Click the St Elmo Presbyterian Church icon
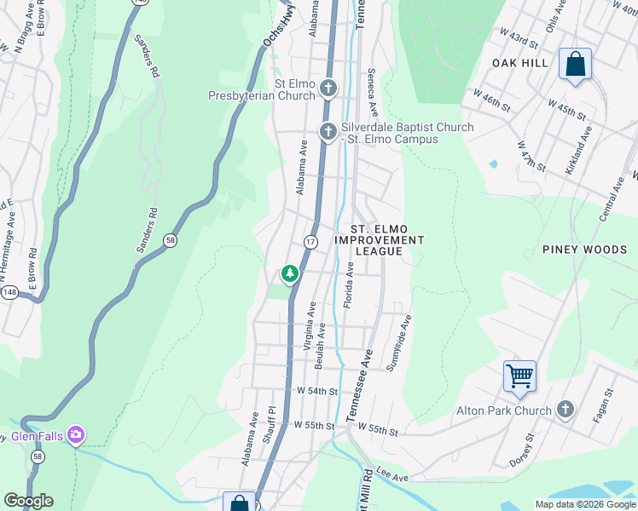[x=328, y=88]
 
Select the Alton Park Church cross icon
[x=564, y=411]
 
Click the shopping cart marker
[x=519, y=376]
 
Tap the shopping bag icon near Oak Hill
[x=575, y=64]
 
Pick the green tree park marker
[x=290, y=273]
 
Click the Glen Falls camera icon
[x=76, y=436]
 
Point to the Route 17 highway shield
[x=310, y=243]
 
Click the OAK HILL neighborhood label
[x=520, y=63]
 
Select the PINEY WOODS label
[x=585, y=250]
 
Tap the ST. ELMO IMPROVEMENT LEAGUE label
[x=379, y=240]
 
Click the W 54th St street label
[x=317, y=391]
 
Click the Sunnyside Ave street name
[x=399, y=343]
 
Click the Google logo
[x=28, y=501]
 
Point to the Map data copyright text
[x=584, y=504]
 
